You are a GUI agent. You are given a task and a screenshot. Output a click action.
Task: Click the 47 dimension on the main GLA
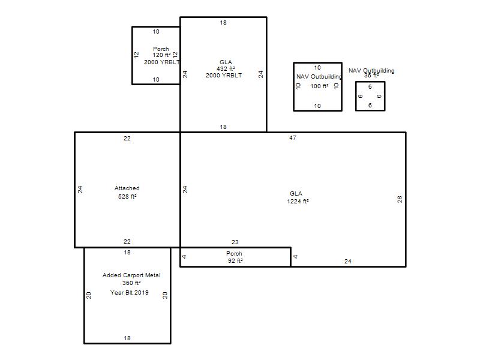293,138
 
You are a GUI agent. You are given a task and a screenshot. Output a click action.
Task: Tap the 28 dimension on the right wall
400,199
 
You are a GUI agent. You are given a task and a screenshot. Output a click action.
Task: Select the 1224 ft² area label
298,201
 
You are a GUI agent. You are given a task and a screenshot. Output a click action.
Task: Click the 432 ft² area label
226,68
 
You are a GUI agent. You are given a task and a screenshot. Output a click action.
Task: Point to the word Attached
127,188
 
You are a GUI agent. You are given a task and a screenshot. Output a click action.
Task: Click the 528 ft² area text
127,196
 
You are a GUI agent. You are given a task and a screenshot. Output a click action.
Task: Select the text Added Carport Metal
131,275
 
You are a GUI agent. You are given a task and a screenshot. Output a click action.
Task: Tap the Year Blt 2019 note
129,292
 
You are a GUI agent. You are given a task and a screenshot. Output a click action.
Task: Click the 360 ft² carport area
131,283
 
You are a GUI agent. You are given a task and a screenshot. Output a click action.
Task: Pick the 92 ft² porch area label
235,260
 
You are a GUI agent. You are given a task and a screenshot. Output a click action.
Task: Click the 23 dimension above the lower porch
235,242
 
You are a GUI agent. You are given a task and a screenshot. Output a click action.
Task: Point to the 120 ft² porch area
161,55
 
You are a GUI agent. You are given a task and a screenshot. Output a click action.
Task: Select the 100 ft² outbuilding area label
319,86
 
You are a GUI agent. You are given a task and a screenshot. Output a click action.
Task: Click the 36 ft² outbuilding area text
371,76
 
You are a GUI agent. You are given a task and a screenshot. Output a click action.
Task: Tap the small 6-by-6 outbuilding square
370,82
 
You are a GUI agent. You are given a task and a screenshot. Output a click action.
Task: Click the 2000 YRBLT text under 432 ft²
224,76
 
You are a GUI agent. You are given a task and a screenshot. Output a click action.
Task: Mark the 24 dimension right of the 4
348,262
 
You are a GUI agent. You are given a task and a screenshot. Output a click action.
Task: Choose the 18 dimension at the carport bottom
127,338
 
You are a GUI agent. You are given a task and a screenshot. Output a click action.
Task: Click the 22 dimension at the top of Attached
127,139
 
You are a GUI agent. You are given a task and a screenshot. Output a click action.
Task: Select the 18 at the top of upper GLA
223,23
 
